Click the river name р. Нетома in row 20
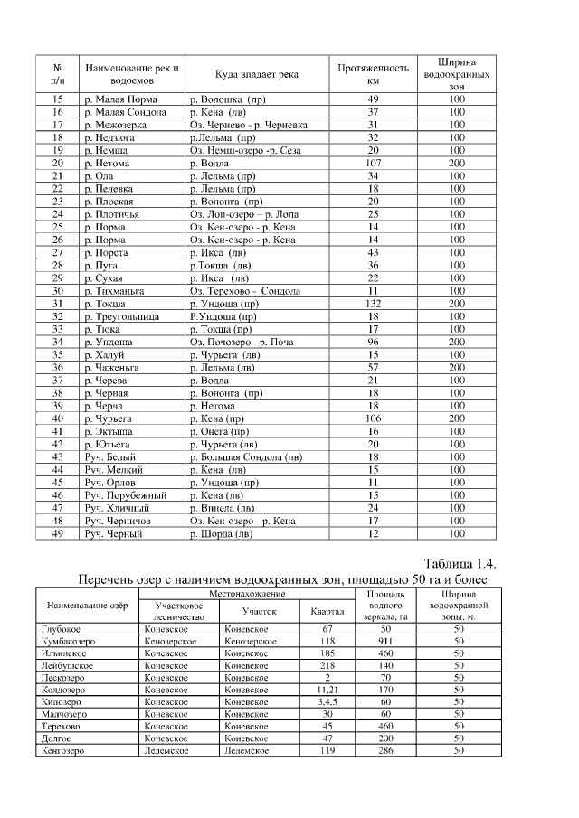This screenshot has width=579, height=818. coord(105,163)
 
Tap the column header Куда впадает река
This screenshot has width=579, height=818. coord(257,74)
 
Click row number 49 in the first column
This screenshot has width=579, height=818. coord(59,534)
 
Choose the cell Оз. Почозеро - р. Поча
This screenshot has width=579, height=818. coord(242,343)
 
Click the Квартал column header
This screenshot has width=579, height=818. coord(327,611)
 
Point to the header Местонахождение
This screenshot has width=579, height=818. coord(247,594)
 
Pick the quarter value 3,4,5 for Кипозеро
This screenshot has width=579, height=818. coord(327,701)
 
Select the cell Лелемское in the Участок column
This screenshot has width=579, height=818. coord(246,751)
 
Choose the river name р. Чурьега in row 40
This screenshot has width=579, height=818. coord(107,419)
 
